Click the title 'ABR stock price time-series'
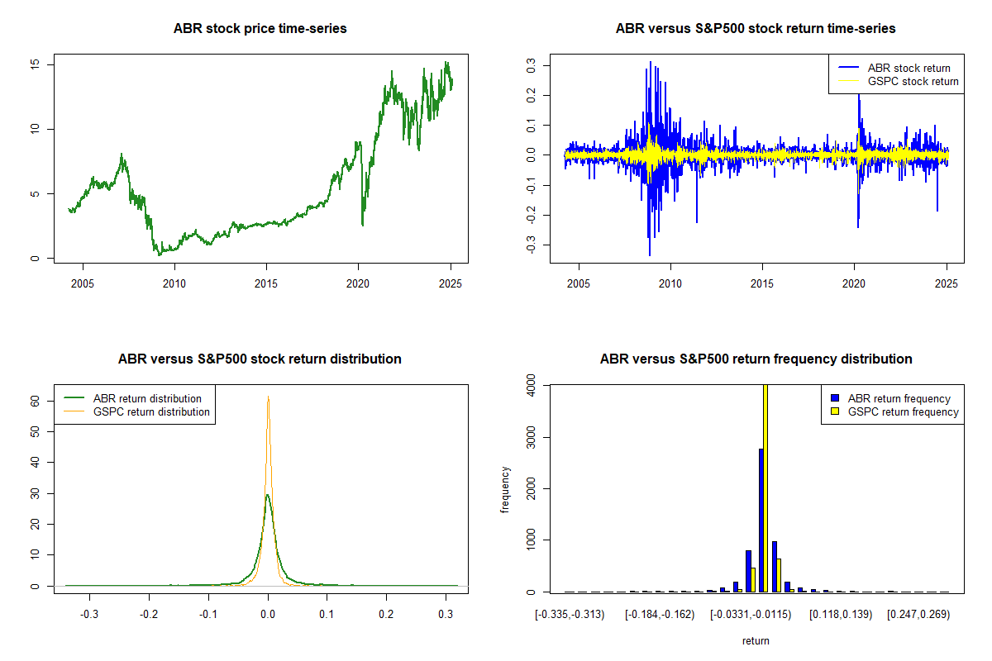(x=260, y=29)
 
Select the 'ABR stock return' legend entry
(x=909, y=68)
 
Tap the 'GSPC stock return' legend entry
(x=913, y=82)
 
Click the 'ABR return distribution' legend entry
(x=147, y=398)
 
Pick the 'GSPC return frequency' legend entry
(x=903, y=411)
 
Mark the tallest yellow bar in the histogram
(x=765, y=487)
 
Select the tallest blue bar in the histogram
(x=761, y=521)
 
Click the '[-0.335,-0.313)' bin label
(x=570, y=615)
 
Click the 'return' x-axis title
(x=756, y=640)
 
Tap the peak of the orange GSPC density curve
(x=268, y=397)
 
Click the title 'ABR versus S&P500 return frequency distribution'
(x=756, y=359)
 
